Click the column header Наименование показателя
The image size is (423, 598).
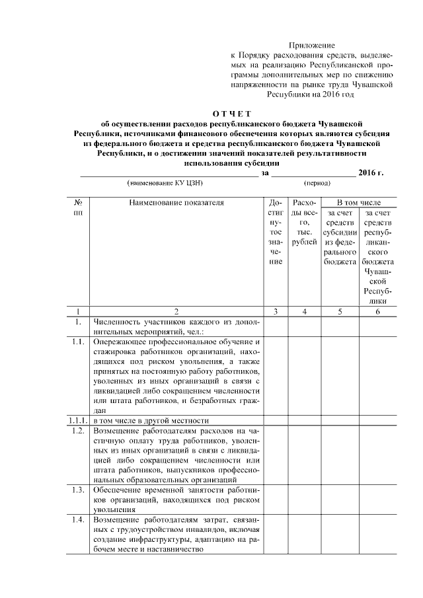176,202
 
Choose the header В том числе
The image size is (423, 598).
358,202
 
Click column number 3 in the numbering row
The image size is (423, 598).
276,311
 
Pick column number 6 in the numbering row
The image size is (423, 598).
377,311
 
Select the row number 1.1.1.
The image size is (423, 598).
78,420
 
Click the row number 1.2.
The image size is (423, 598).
78,431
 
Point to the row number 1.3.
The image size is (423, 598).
78,490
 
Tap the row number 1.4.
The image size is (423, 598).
78,520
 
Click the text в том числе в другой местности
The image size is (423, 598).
151,420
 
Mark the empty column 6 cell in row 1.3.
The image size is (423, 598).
377,500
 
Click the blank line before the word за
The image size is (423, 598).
169,174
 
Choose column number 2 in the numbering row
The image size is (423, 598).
176,311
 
